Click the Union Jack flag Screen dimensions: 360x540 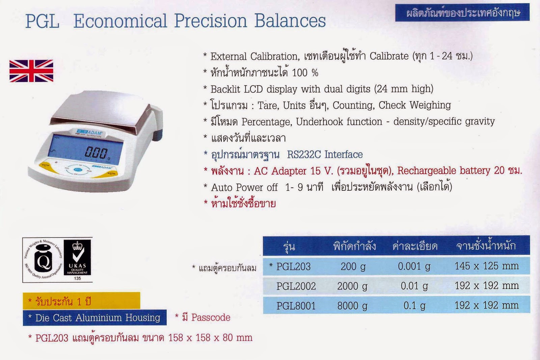tap(31, 71)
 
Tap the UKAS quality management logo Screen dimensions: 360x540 tap(77, 259)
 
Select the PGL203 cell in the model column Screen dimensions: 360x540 tap(293, 266)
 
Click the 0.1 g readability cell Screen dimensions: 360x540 tap(414, 306)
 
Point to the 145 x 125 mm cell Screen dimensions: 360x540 tap(486, 266)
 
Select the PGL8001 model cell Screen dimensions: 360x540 tap(296, 306)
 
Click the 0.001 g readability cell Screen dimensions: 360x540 tap(414, 266)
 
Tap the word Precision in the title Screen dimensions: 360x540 tap(211, 21)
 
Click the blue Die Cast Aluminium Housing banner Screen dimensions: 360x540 tap(94, 318)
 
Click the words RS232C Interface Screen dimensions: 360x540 tap(325, 155)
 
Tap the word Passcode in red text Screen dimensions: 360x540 tap(211, 317)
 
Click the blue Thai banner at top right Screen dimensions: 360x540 tap(462, 13)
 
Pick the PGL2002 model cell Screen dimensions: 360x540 tap(296, 286)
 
